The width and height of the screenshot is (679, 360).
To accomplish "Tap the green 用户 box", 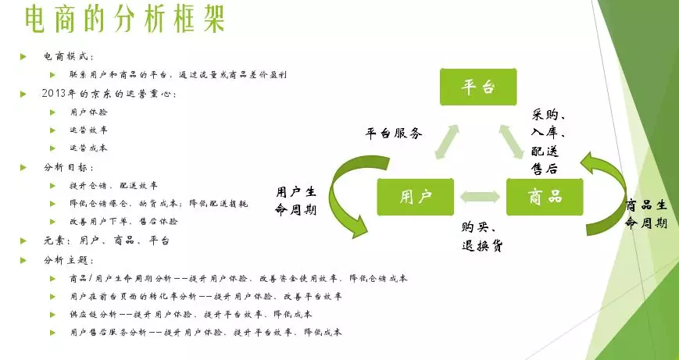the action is coord(415,197).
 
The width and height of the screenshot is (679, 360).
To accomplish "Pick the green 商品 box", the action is coord(545,197).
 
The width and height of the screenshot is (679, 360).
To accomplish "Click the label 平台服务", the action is coord(394,134).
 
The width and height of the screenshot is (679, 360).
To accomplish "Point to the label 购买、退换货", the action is coord(481,236).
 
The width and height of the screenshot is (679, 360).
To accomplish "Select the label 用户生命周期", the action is coord(295,200).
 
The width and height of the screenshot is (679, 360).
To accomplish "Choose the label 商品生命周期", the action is coord(647,214).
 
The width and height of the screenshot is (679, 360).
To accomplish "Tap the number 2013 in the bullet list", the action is coord(56,94).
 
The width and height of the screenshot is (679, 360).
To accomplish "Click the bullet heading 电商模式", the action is coord(68,57).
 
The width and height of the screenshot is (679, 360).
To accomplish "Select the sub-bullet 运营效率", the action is coord(88,130).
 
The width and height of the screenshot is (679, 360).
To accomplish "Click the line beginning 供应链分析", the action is coord(191,315).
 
